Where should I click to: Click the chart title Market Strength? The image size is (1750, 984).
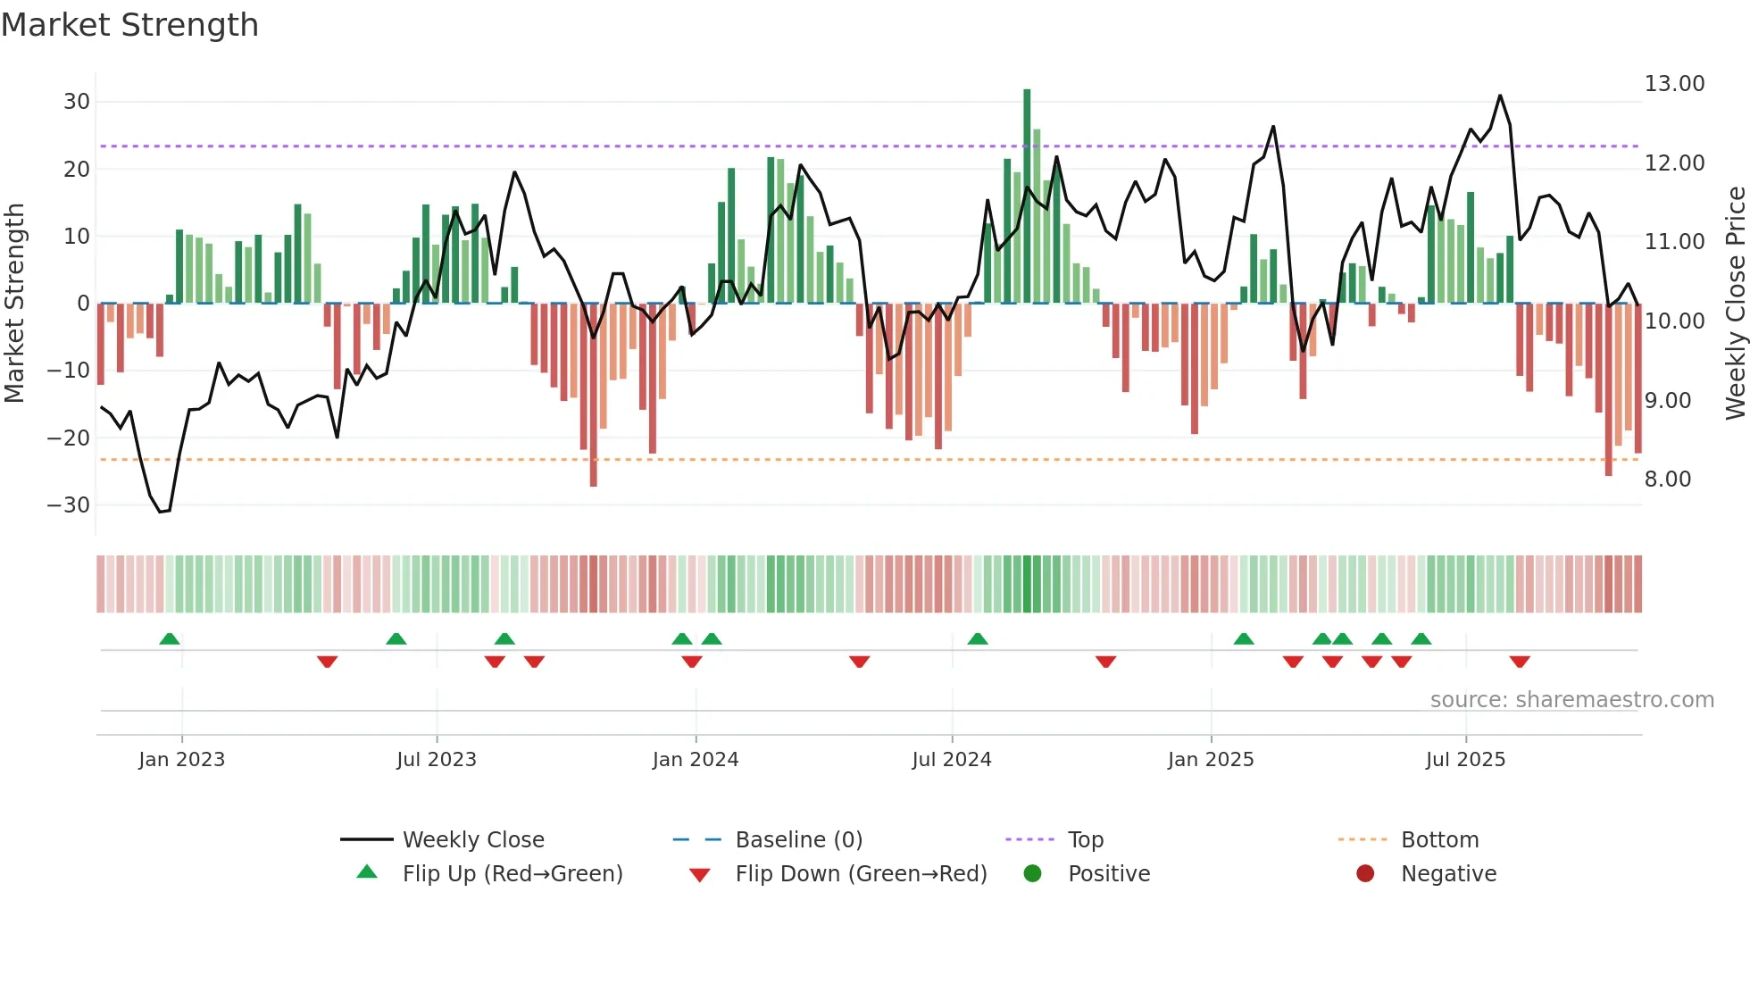coord(130,25)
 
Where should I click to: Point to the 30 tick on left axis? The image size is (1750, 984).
coord(77,102)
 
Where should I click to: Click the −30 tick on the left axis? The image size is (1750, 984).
coord(70,505)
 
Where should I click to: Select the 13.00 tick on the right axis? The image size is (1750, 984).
coord(1674,84)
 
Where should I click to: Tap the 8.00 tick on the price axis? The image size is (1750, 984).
coord(1668,479)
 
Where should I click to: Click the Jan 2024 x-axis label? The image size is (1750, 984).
coord(696,760)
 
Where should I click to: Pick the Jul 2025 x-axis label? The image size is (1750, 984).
coord(1465,760)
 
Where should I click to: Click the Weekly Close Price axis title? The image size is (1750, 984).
coord(1735,304)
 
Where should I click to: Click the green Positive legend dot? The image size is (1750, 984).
coord(1033,874)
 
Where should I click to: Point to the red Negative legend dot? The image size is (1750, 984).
coord(1365,874)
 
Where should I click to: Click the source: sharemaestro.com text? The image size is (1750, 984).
coord(1571,700)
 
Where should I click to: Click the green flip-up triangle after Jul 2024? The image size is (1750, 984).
coord(978,638)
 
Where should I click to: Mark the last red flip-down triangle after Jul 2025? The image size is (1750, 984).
coord(1520,662)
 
